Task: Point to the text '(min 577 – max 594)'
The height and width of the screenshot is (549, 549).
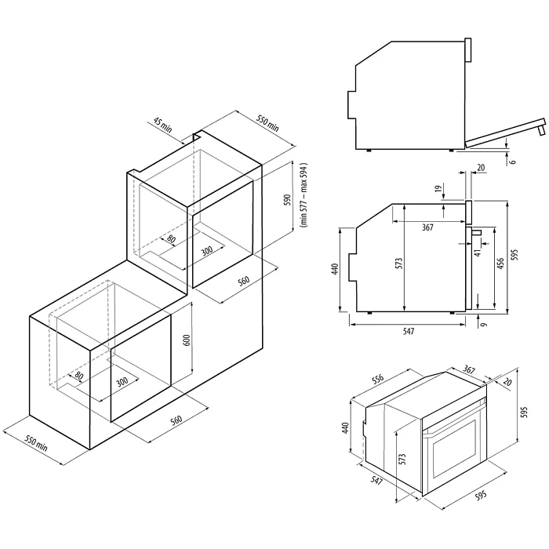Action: (x=302, y=196)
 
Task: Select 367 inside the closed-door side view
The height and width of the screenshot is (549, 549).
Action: (x=427, y=228)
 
